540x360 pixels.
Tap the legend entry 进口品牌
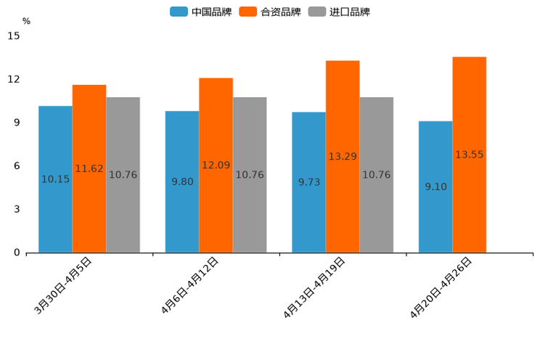(x=339, y=12)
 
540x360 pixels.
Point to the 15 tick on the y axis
(x=15, y=36)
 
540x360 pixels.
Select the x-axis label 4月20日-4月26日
(x=441, y=287)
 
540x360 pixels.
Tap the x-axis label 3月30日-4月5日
(x=63, y=286)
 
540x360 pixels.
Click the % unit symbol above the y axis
(x=26, y=21)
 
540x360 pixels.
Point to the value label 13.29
(x=343, y=157)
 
